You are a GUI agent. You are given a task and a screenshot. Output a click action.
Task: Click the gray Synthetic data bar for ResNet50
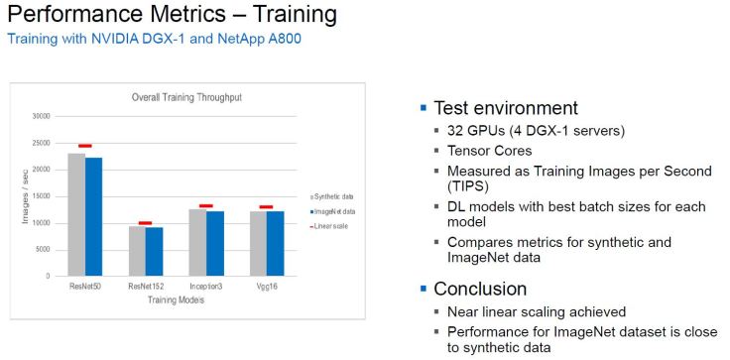pos(76,214)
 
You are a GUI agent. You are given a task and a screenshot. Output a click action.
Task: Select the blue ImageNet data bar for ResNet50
pos(93,216)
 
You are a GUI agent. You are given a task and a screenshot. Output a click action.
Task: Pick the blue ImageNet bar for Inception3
pos(214,243)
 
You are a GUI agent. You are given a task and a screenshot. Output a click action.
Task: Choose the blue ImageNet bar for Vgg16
pos(275,243)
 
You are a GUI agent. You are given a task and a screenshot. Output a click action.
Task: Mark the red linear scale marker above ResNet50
pos(84,146)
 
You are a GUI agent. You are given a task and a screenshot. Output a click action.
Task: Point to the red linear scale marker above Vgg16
pos(266,207)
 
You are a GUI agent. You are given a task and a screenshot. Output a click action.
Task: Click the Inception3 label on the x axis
pos(205,287)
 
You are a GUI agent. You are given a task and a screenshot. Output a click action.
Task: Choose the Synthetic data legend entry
pos(336,197)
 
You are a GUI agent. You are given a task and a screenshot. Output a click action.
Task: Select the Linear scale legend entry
pos(334,226)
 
